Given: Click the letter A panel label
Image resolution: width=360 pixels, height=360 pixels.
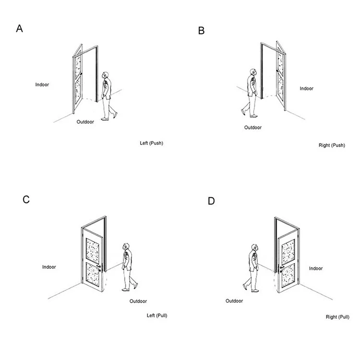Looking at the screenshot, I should coord(20,28).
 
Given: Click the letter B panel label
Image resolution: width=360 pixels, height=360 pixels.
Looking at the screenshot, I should coord(201,31).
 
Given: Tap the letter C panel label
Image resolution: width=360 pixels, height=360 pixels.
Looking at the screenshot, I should coord(26,199).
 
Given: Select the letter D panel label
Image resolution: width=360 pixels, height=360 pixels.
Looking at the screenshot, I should coord(211,201).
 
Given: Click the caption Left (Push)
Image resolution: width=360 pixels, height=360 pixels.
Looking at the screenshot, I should coord(152,143).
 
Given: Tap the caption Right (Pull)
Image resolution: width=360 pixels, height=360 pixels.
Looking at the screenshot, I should coord(337,317).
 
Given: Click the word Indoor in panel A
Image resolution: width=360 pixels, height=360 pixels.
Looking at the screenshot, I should coord(42,84).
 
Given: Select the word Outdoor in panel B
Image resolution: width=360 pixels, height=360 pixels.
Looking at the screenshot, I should coord(253,128).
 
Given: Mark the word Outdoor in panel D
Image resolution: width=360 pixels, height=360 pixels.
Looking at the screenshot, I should coord(235,301).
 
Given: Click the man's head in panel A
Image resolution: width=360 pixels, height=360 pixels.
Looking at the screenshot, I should coord(106,76).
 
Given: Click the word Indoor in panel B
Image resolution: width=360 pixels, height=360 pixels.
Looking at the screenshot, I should coord(307,88).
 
